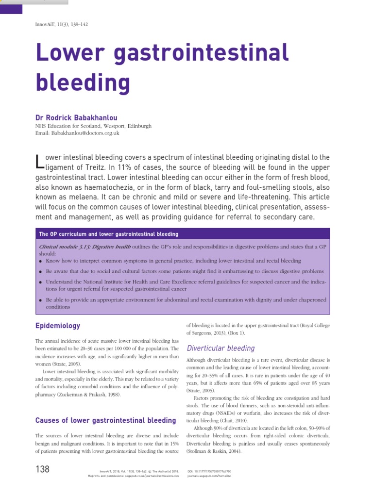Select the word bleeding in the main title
tap(83, 83)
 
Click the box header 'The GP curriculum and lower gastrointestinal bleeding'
tap(108, 234)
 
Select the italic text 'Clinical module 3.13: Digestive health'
tap(85, 247)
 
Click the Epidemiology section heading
tap(58, 326)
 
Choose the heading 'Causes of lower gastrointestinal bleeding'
tap(106, 420)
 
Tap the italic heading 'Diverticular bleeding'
tap(220, 348)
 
